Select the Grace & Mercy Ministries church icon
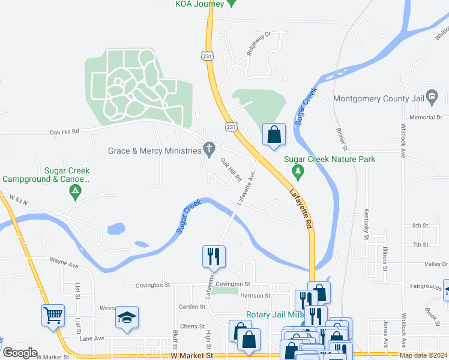209,148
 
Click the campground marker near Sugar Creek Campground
75,193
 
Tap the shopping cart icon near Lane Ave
53,314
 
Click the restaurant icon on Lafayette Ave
214,256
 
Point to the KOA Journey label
199,4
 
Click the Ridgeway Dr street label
259,44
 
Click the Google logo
19,353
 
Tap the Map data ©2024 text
423,355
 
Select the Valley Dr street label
436,264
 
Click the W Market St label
191,355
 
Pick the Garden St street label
192,307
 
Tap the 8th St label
420,226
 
